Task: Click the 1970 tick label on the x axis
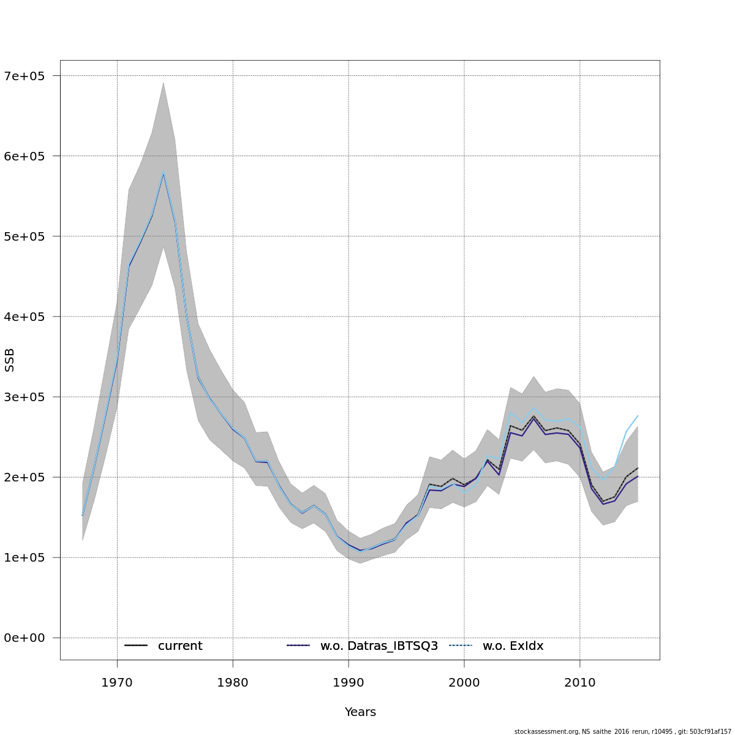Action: tap(117, 682)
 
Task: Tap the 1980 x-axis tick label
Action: tap(233, 682)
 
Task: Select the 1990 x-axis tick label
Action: tap(349, 682)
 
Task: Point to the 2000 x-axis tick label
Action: tap(464, 682)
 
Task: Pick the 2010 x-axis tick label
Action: tap(580, 682)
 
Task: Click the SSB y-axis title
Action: tap(9, 360)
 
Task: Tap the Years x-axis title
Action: tap(360, 712)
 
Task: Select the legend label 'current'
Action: tap(180, 646)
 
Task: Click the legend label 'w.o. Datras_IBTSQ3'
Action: tap(379, 646)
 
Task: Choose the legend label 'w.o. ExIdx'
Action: tap(513, 646)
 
